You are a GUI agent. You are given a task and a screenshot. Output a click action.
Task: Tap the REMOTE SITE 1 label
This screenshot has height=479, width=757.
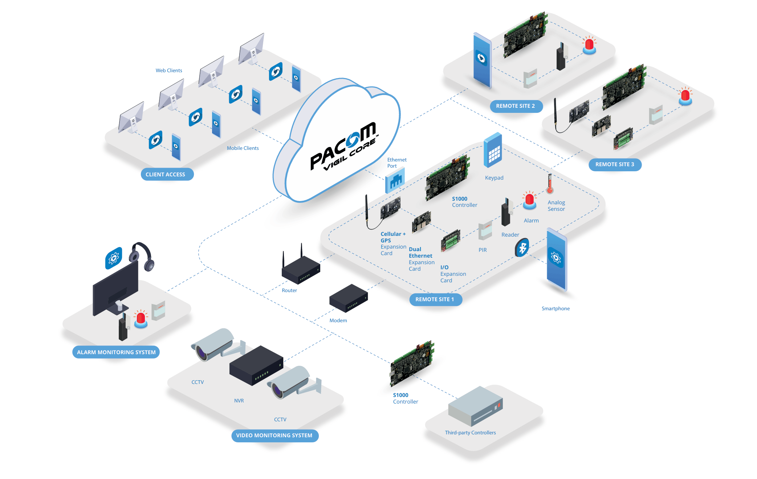point(435,299)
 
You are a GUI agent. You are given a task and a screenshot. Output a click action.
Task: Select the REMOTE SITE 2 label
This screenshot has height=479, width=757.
point(516,106)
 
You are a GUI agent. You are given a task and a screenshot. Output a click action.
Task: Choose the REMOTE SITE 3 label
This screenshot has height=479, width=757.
point(615,164)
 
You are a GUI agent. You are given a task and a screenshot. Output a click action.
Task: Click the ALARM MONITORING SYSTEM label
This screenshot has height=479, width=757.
point(116,352)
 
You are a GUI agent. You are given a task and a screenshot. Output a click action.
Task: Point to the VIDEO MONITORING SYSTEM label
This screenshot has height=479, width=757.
point(274,435)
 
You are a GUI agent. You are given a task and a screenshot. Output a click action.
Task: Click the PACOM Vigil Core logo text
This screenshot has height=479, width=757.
point(343,147)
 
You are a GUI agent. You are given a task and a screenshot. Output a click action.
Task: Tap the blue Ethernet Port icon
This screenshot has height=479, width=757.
point(395,180)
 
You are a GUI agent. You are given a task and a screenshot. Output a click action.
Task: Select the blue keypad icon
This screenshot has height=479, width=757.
point(493,151)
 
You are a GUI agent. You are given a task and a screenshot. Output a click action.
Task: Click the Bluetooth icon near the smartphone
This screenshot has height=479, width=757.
point(522,248)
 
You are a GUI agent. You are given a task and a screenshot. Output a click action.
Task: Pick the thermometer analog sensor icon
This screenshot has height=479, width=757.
point(550,184)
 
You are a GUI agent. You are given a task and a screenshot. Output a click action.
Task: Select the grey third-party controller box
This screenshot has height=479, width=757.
point(475,406)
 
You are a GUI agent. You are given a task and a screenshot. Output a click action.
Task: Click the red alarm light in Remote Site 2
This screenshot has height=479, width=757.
point(589,45)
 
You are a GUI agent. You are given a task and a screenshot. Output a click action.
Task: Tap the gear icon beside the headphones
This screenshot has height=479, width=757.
point(114,258)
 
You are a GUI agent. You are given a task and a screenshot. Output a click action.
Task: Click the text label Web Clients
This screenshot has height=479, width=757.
point(169,70)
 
